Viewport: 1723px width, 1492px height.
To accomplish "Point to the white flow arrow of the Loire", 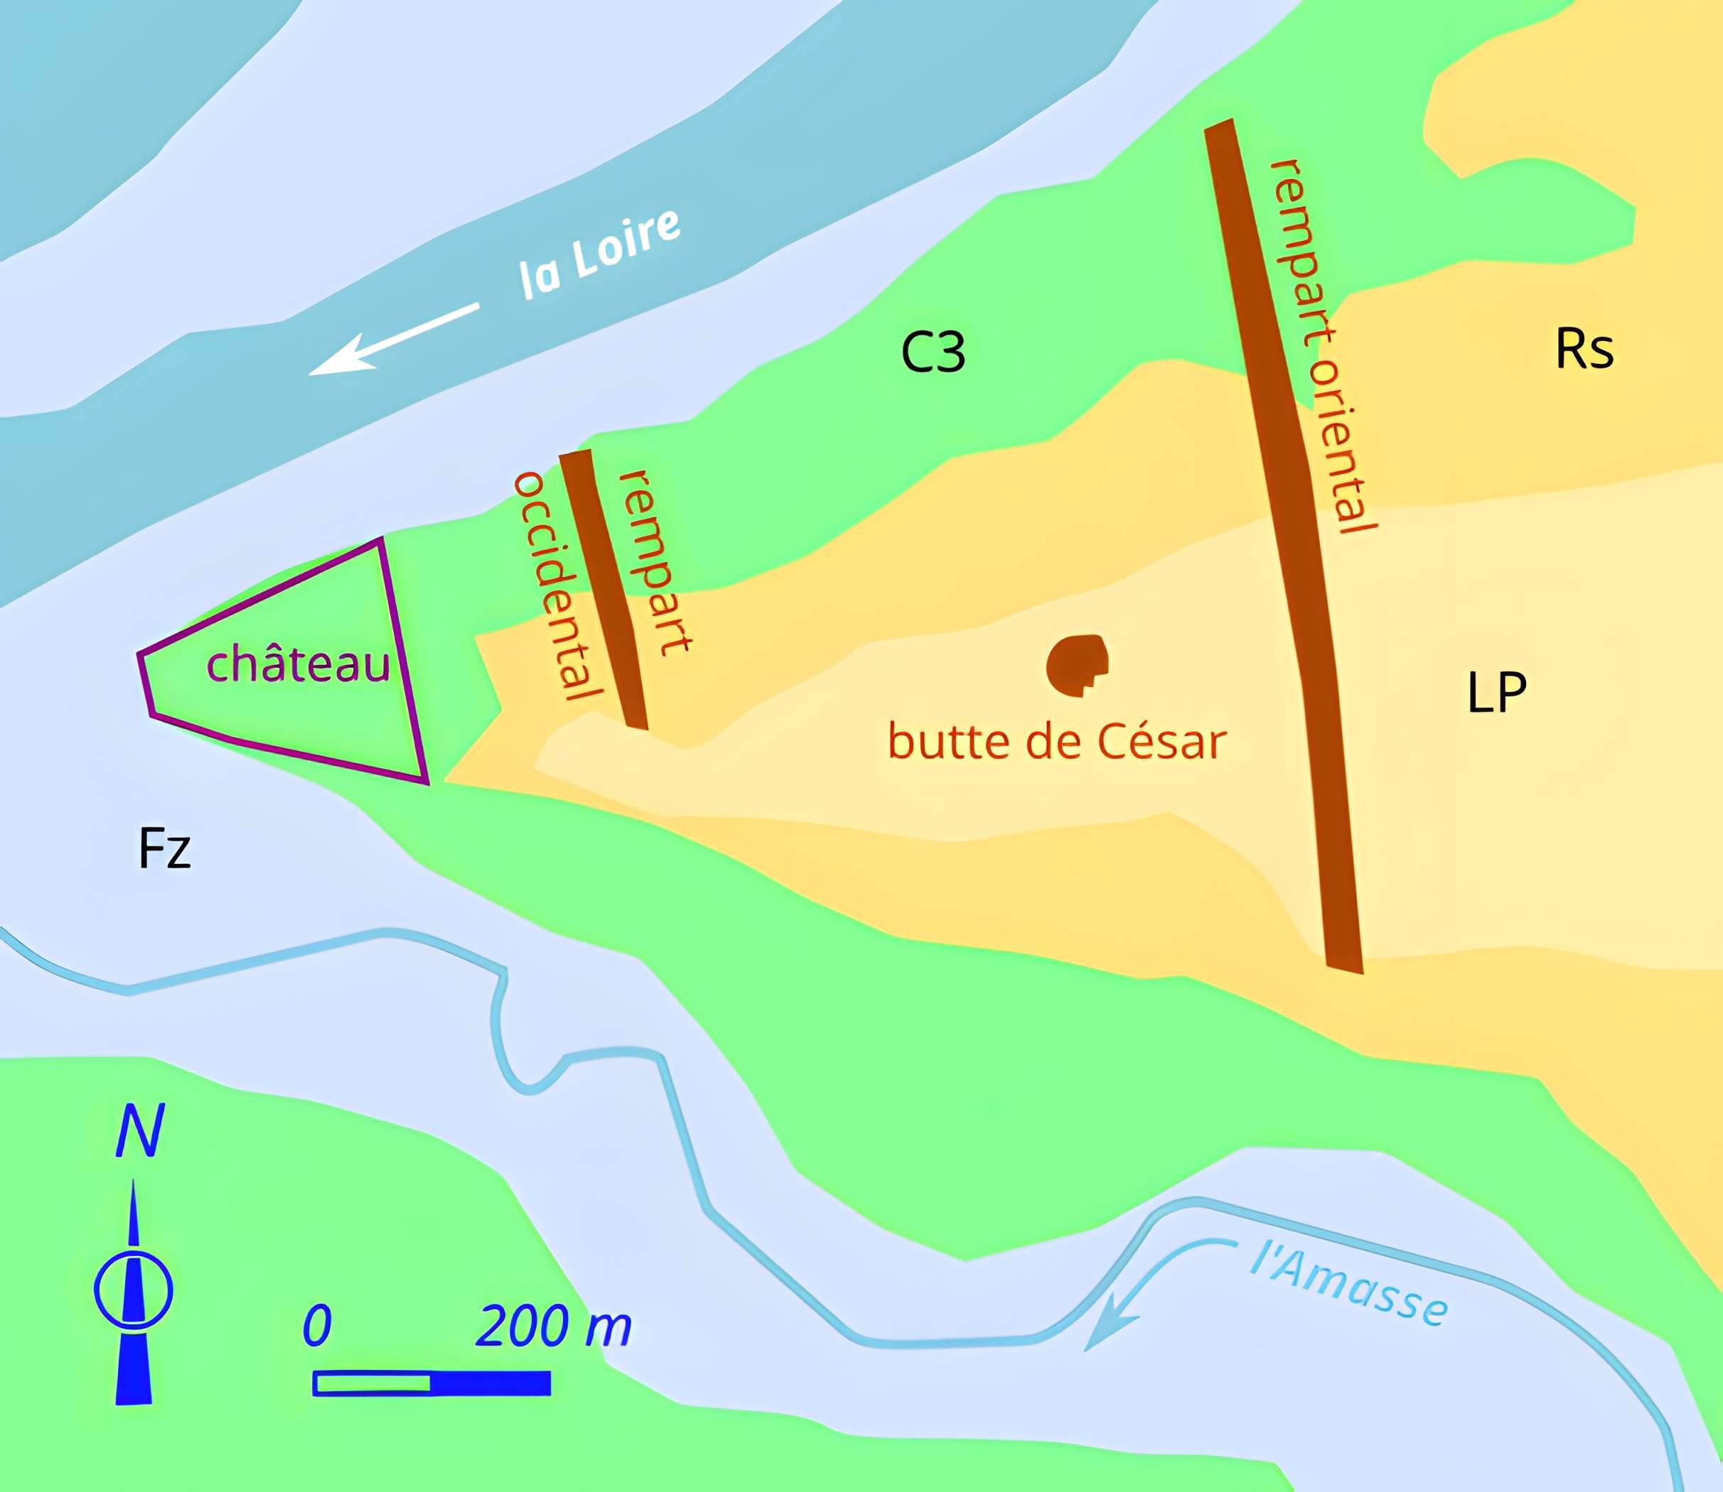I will click(393, 340).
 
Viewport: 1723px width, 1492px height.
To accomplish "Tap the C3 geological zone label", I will click(933, 352).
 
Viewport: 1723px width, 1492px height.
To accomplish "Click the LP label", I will click(1496, 692).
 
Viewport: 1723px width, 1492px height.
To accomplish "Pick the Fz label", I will click(164, 848).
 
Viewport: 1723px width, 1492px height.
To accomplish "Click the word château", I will click(297, 664).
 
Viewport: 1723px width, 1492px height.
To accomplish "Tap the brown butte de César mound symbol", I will click(1077, 664).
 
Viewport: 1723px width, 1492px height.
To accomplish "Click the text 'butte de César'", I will click(1057, 741).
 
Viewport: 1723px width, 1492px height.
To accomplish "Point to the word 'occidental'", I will click(557, 586).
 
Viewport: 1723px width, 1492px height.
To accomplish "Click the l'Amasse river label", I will click(1348, 1283).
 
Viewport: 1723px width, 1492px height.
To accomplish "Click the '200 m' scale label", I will click(553, 1326).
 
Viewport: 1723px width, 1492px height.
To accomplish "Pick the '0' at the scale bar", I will click(317, 1326).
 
